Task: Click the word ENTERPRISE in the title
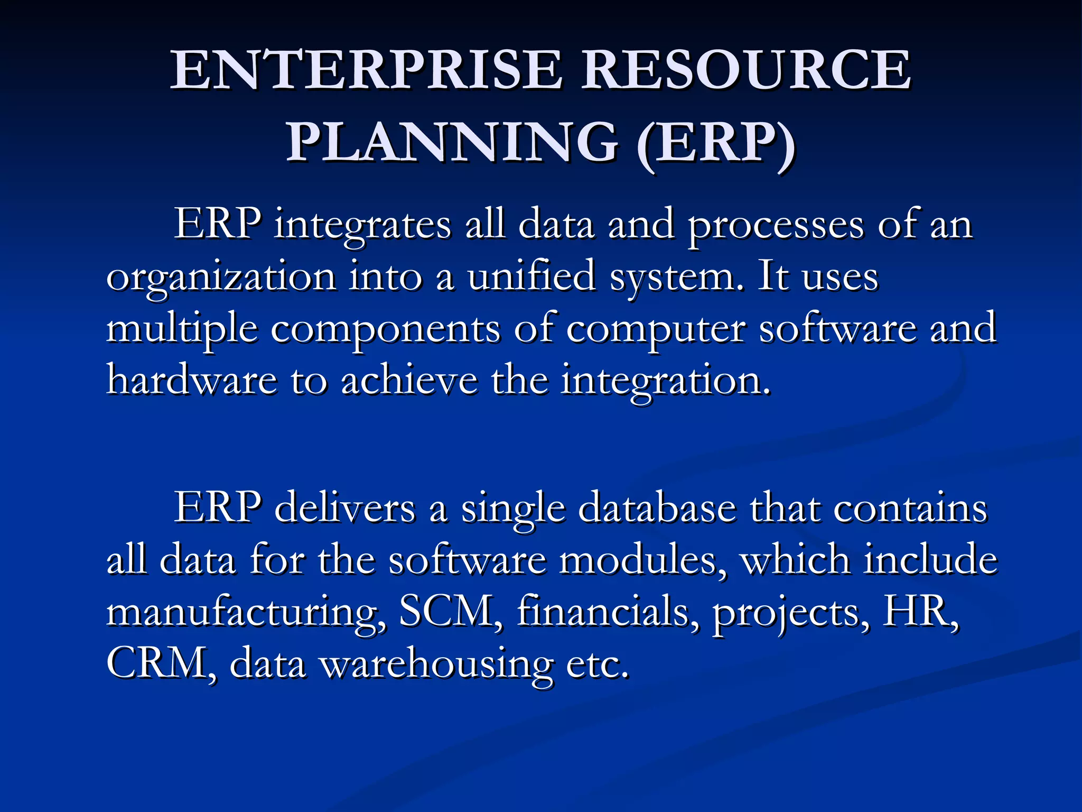[366, 70]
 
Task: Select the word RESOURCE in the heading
[746, 70]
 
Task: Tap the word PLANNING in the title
[452, 142]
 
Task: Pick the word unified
[531, 276]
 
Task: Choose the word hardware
[192, 380]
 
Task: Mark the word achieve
[409, 380]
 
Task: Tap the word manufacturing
[246, 612]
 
